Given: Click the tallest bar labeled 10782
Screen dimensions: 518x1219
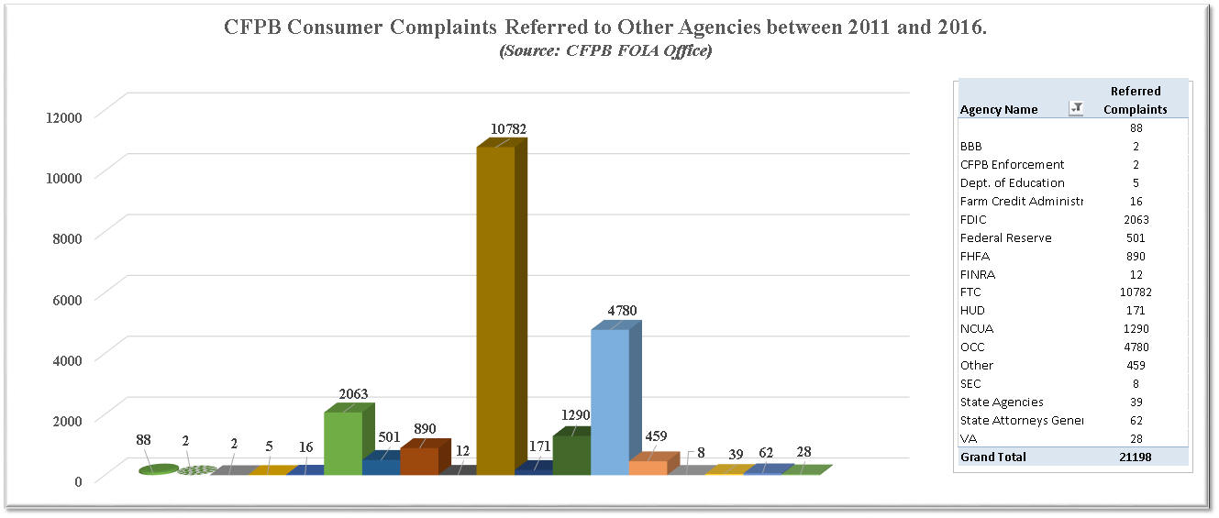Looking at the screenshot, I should pyautogui.click(x=495, y=312).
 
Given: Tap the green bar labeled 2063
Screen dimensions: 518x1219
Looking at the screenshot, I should pyautogui.click(x=343, y=444).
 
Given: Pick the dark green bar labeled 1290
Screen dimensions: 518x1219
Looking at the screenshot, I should pyautogui.click(x=571, y=455).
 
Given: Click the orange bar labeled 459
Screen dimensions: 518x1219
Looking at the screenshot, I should pyautogui.click(x=647, y=468).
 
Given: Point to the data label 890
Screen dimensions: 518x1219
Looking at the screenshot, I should pyautogui.click(x=425, y=428).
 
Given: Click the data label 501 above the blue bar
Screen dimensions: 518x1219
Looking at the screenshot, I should pyautogui.click(x=389, y=437).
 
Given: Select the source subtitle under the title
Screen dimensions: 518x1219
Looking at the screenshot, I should pyautogui.click(x=605, y=50).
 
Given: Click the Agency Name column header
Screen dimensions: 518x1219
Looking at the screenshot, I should pyautogui.click(x=999, y=109).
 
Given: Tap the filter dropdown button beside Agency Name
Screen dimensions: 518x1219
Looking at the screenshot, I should pyautogui.click(x=1077, y=109).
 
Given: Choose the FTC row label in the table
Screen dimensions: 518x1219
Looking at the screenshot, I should pyautogui.click(x=970, y=292).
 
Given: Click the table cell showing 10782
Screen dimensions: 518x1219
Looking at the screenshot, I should pyautogui.click(x=1136, y=292).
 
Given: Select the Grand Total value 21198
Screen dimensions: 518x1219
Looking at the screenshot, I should pyautogui.click(x=1136, y=457).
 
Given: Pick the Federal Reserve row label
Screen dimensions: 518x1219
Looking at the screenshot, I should pyautogui.click(x=1005, y=237).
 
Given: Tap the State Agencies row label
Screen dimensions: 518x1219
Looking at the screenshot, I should pyautogui.click(x=1002, y=402).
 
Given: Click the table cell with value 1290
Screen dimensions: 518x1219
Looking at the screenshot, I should pyautogui.click(x=1136, y=328).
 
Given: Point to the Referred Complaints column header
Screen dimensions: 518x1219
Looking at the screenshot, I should pyautogui.click(x=1136, y=100).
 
